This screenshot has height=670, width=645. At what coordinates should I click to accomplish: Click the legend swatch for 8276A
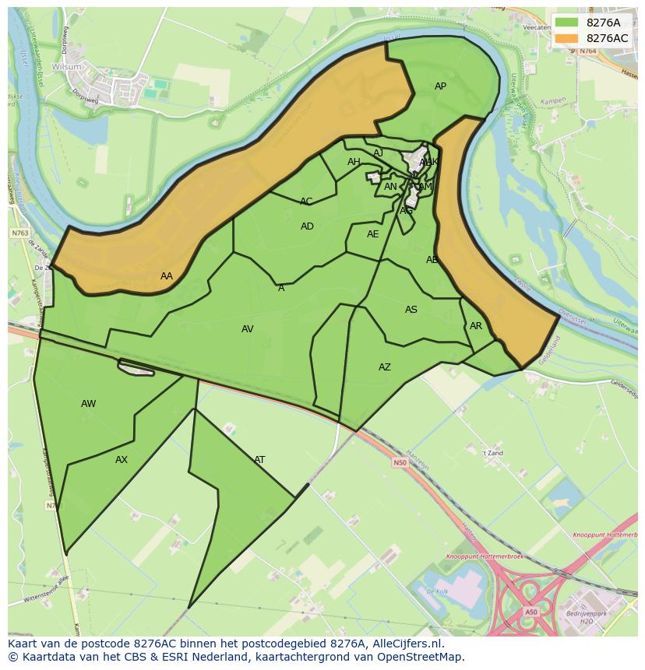(566, 23)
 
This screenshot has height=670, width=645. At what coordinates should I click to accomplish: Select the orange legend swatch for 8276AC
(566, 38)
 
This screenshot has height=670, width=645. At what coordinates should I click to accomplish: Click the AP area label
(440, 86)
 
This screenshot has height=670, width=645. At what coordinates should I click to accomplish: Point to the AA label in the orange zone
(167, 276)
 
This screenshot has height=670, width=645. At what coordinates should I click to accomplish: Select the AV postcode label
(247, 329)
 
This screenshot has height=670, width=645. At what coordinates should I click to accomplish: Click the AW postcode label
(89, 404)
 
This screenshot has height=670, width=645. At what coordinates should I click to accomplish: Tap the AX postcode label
(122, 460)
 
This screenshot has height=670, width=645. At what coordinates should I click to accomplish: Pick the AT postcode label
(259, 460)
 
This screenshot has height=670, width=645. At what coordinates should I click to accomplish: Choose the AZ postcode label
(385, 367)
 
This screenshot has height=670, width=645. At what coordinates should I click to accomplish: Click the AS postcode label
(411, 310)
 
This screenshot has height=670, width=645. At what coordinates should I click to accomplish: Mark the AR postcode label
(476, 326)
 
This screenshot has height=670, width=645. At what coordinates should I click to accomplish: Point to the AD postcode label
(307, 226)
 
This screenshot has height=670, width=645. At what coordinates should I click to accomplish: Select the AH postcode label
(354, 162)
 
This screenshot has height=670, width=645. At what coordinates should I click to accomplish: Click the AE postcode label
(373, 234)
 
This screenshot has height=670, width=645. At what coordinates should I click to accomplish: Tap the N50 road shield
(400, 462)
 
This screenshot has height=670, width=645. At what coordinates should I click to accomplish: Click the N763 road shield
(20, 233)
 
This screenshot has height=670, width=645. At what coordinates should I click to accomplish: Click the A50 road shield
(530, 612)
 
